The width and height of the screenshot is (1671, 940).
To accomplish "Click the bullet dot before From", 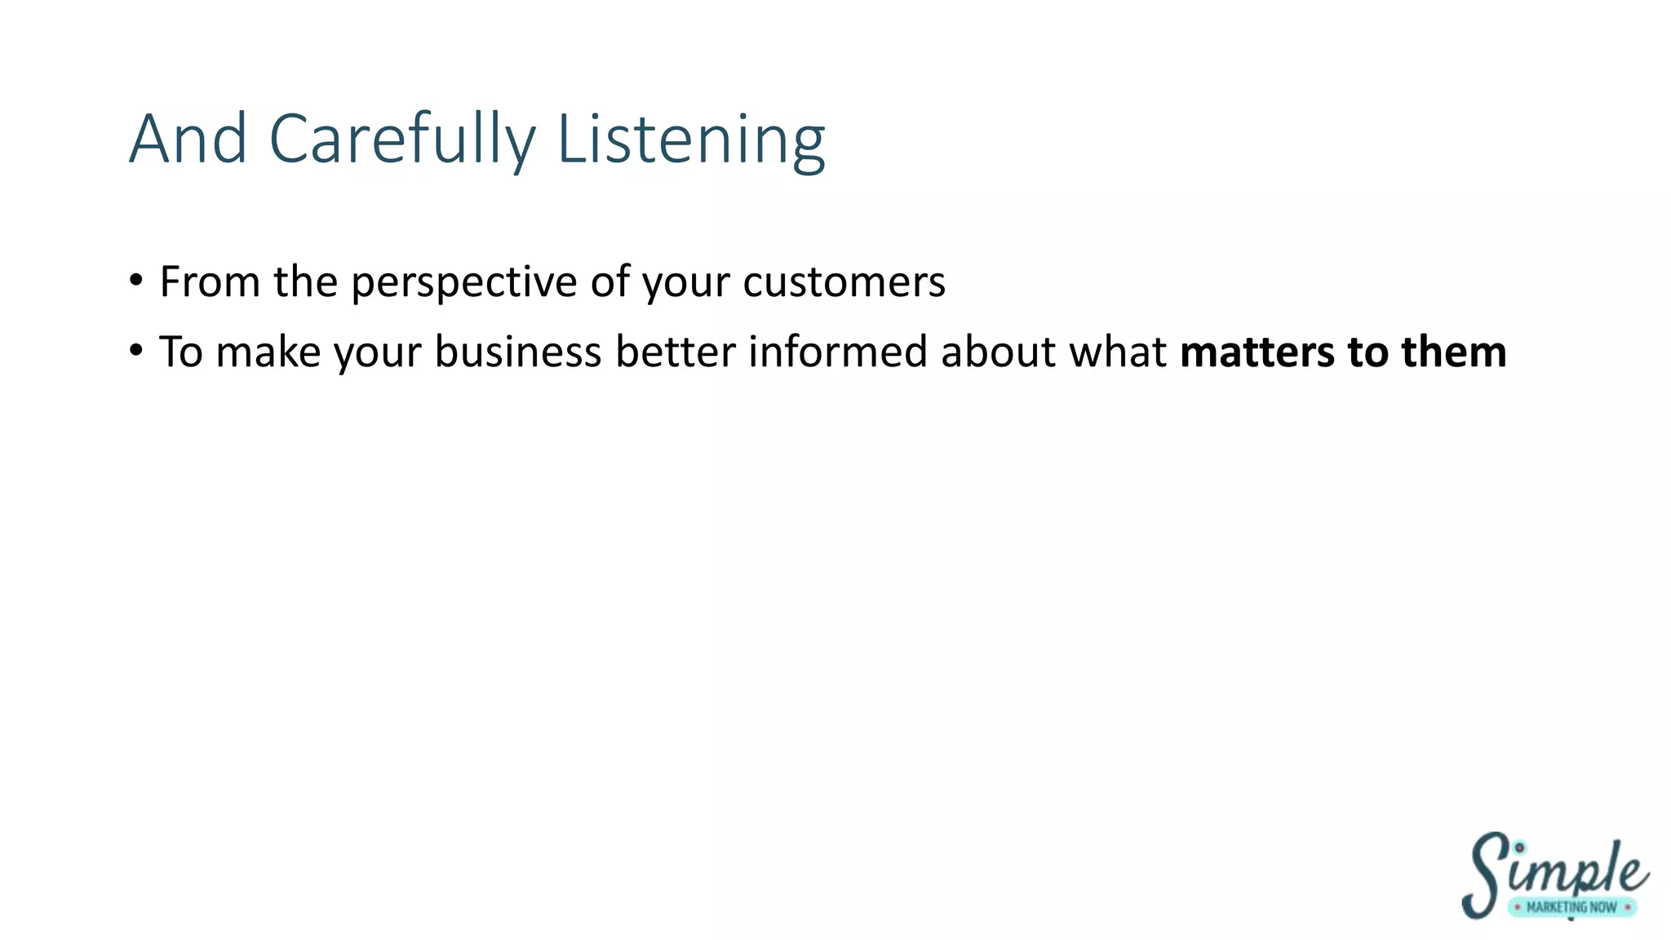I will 136,281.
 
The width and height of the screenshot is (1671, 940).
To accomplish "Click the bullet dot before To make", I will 136,351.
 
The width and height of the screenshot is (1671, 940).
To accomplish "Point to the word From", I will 210,282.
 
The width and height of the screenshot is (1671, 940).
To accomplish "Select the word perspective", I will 464,283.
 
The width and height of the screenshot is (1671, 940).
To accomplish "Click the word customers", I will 844,282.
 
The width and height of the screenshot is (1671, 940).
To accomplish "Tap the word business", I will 517,352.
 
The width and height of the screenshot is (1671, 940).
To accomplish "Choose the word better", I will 676,352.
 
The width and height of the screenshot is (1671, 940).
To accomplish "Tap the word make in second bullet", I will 268,352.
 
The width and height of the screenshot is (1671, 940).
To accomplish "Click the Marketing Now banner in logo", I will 1571,907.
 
